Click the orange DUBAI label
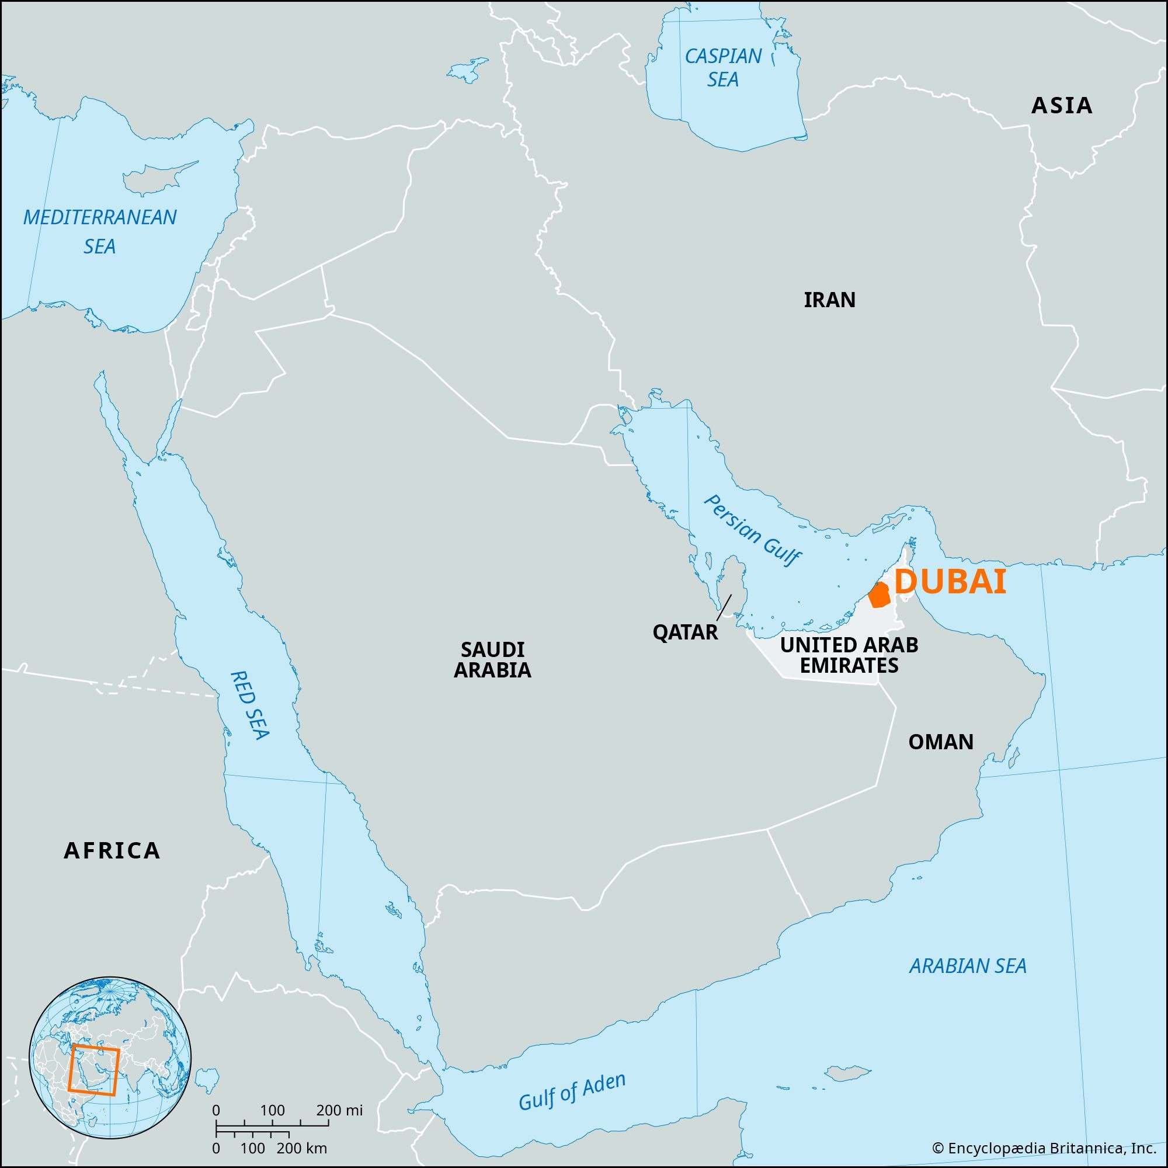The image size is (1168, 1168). [x=950, y=582]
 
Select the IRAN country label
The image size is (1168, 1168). [x=829, y=300]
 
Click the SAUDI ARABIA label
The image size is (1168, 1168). [x=492, y=659]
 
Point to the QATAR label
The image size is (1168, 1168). [x=685, y=632]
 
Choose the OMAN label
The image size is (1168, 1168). [x=941, y=742]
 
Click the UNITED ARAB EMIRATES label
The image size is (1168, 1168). [x=849, y=655]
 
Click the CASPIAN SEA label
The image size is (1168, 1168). [x=723, y=68]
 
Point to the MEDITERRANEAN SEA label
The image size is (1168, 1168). [x=100, y=231]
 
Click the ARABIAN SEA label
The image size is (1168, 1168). [x=968, y=965]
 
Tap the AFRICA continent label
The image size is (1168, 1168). [x=113, y=851]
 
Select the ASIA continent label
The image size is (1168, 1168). [x=1062, y=106]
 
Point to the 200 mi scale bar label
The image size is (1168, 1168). [x=340, y=1110]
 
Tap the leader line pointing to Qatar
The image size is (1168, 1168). [x=724, y=607]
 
